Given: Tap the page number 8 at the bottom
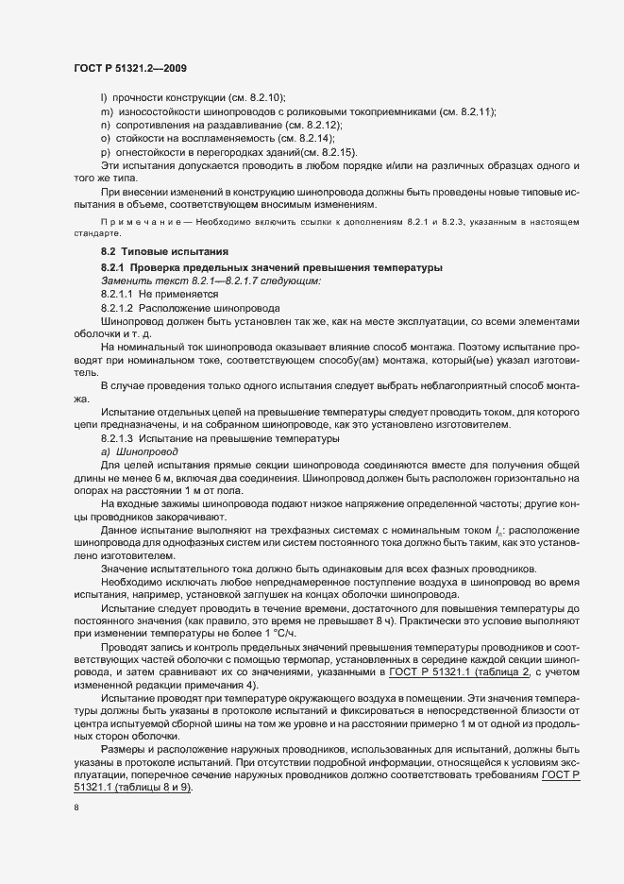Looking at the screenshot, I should pyautogui.click(x=76, y=808).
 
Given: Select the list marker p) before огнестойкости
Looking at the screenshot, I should pyautogui.click(x=106, y=152).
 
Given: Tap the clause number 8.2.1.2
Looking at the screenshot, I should pyautogui.click(x=118, y=308).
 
